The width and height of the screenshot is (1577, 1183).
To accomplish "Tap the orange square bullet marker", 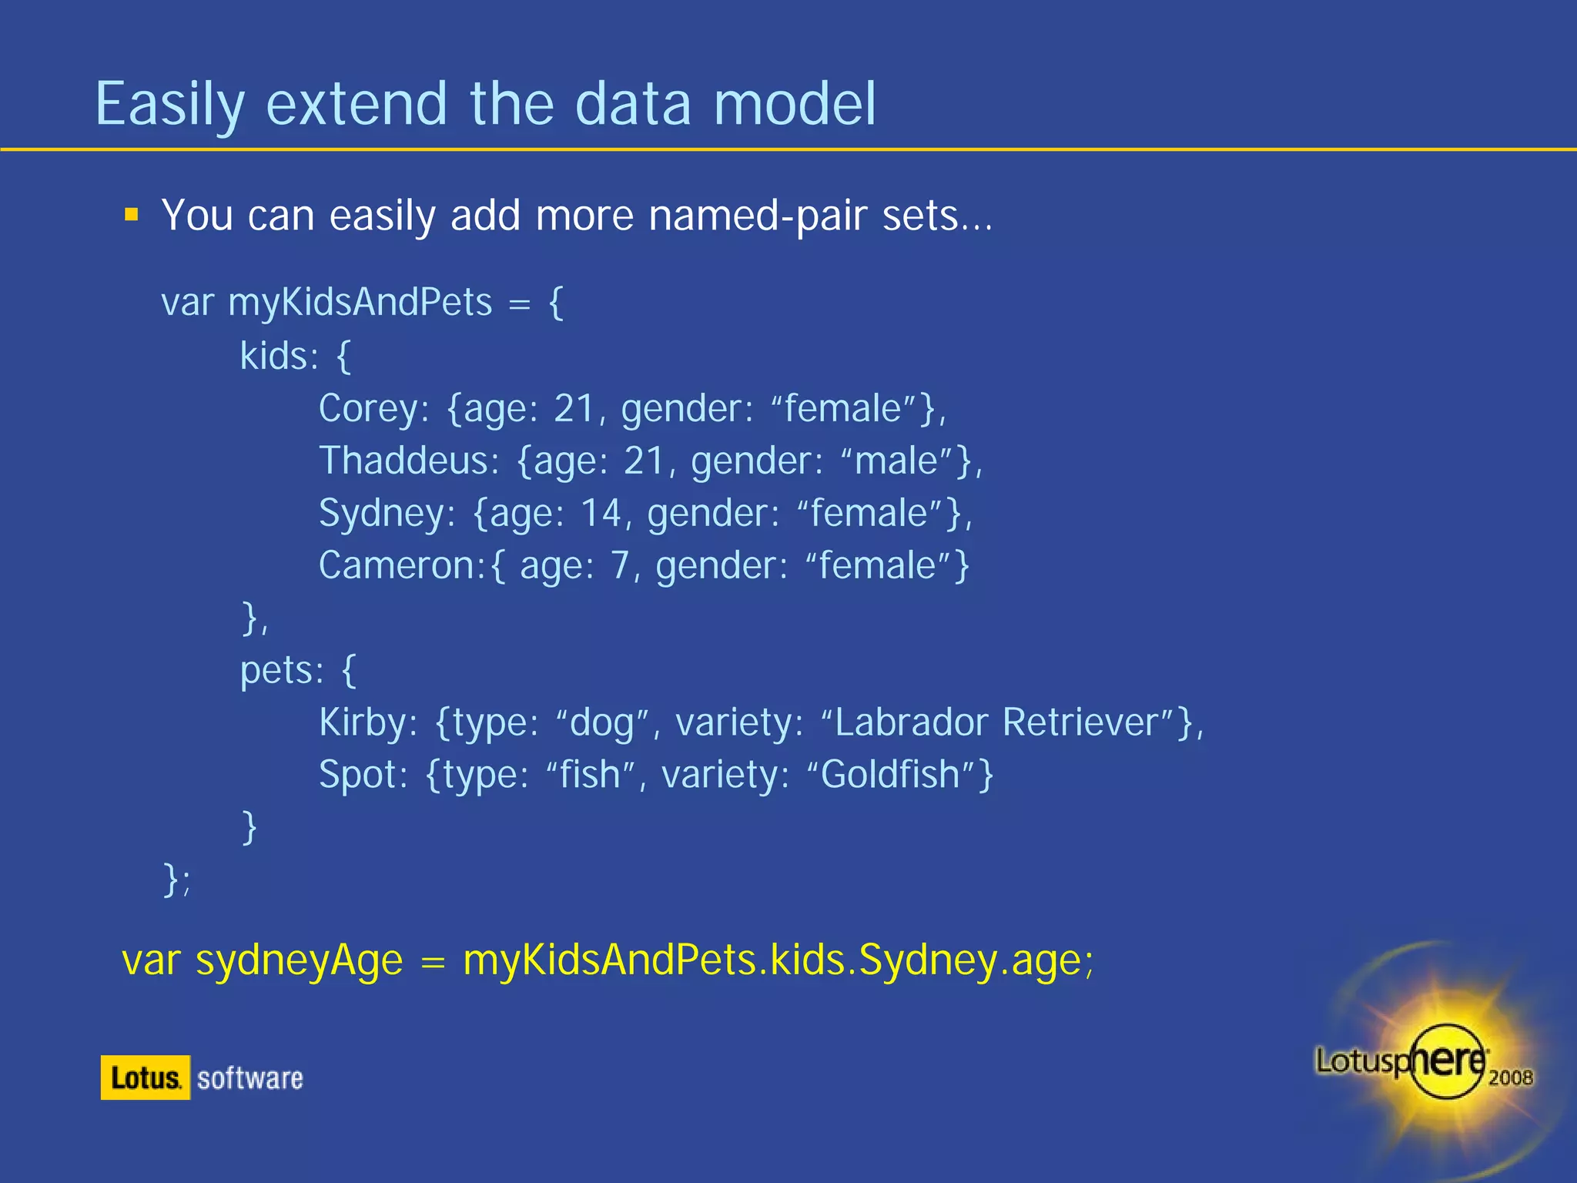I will coord(132,214).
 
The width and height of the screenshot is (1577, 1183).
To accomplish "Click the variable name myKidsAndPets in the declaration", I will coord(360,302).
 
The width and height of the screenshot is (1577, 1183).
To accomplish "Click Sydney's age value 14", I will coord(600,514).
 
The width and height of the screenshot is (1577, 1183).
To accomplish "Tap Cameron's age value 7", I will coord(620,566).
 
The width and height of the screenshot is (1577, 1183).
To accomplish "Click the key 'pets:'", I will coord(282,671).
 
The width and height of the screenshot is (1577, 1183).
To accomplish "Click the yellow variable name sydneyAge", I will coord(300,962).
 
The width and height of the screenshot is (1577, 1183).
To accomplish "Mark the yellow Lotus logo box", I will coord(145,1077).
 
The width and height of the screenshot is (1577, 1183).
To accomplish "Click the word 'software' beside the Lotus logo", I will coord(250,1078).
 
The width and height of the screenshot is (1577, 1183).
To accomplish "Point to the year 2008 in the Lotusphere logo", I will coord(1510,1077).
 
